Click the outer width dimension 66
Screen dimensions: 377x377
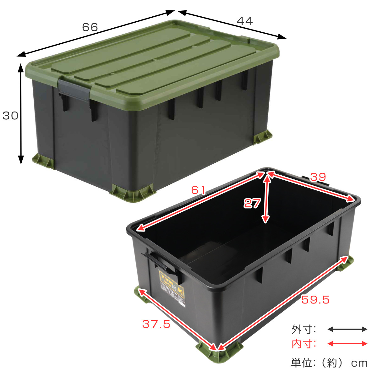(90, 27)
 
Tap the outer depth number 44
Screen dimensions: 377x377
(244, 21)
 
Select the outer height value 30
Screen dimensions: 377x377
(10, 116)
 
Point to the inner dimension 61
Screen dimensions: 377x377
(199, 190)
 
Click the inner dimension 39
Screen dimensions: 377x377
(318, 177)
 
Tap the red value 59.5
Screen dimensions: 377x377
(315, 300)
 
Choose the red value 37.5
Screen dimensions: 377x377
(156, 324)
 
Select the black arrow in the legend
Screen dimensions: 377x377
(347, 329)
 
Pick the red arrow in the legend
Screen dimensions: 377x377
(347, 344)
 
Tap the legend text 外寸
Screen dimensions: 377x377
(303, 329)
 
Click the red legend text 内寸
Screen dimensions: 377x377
(303, 344)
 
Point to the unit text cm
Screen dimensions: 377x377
(359, 363)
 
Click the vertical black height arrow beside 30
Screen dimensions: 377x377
(21, 114)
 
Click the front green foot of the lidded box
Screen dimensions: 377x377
(134, 193)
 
